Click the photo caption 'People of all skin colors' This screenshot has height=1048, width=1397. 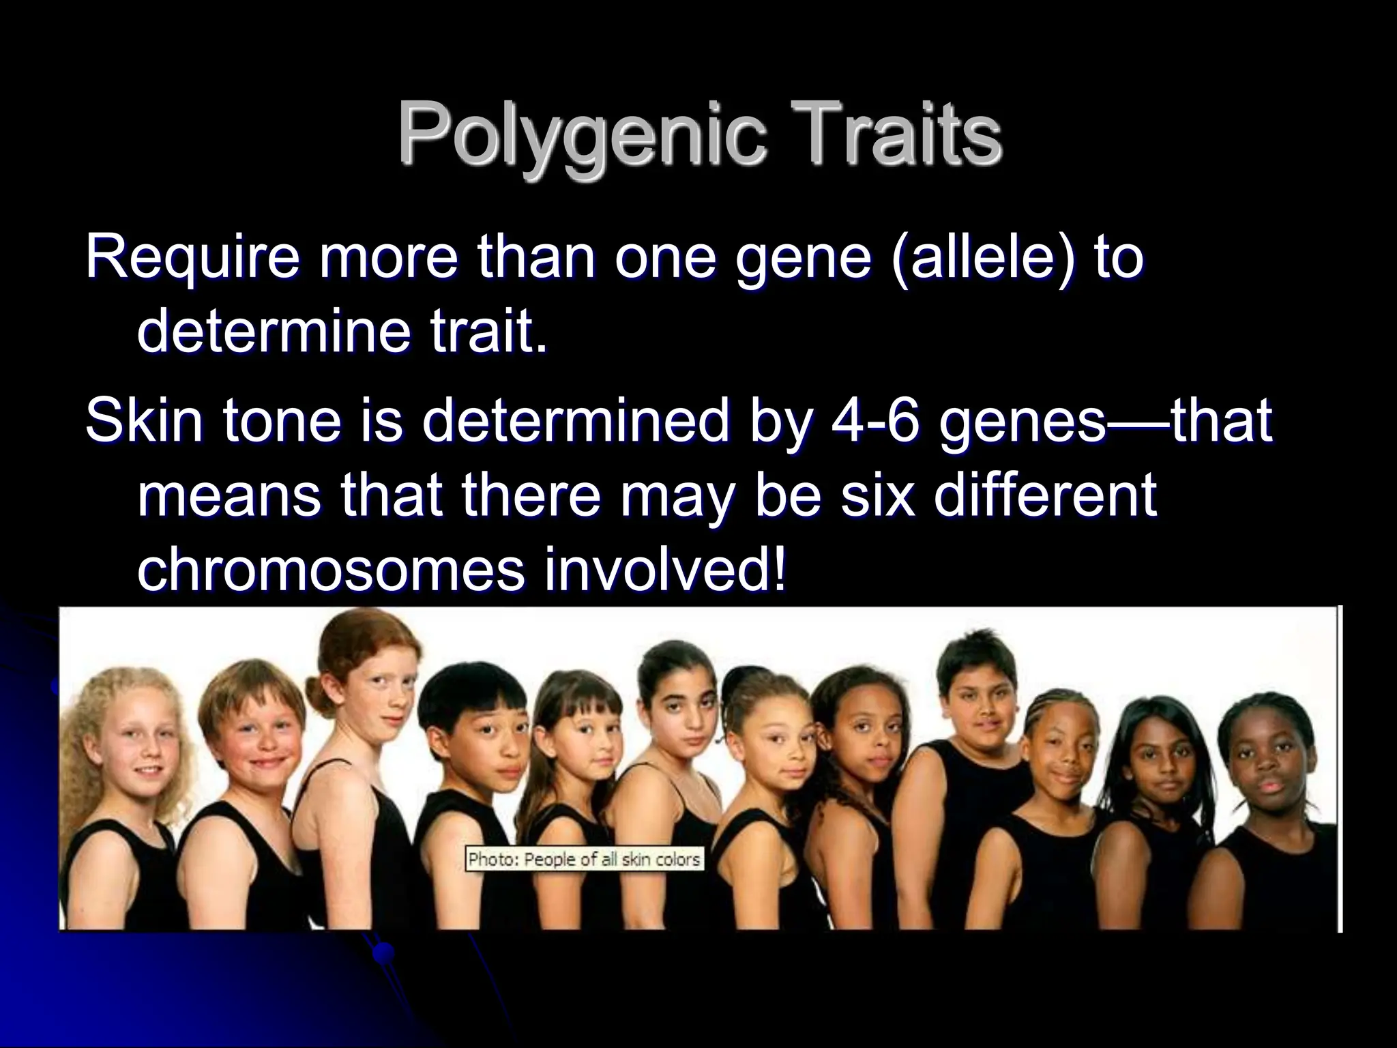(x=584, y=858)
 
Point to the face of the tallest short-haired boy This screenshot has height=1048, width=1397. (x=982, y=710)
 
